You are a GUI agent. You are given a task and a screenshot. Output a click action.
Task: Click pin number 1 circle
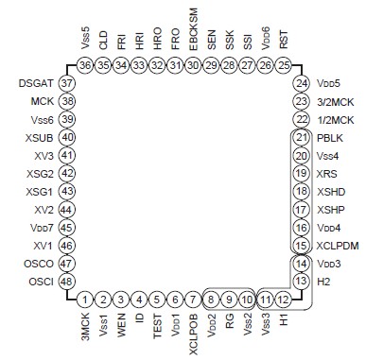pos(85,300)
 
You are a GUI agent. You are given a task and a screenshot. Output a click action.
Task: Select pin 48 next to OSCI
pos(67,282)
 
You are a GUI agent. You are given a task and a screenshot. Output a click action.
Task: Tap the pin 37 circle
pos(67,83)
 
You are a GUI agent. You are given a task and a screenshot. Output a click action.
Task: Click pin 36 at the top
pos(85,65)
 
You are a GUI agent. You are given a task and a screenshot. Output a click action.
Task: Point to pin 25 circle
pos(283,65)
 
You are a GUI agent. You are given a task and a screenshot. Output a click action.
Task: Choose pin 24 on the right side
pos(301,83)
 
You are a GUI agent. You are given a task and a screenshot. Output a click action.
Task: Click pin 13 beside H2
pos(301,282)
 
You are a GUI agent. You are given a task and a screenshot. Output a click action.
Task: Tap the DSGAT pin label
pos(35,83)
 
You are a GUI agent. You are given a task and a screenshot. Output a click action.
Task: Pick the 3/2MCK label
pos(337,101)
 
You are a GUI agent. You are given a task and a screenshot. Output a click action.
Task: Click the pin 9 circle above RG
pos(229,300)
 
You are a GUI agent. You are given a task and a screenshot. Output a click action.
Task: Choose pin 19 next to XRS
pos(301,173)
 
